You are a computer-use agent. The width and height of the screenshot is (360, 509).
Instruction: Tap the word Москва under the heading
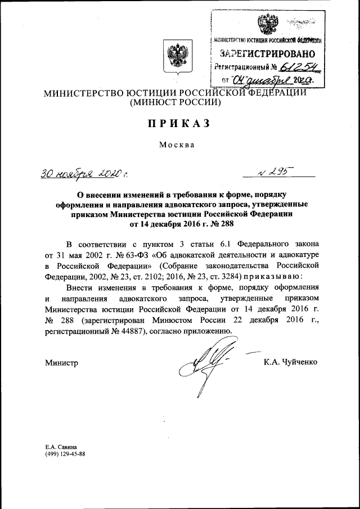[x=177, y=145]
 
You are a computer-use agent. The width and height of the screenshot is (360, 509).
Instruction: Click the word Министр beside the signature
[x=61, y=363]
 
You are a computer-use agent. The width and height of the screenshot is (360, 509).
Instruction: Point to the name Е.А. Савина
[x=61, y=446]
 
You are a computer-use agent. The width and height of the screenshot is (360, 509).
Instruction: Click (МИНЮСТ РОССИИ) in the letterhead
[x=176, y=103]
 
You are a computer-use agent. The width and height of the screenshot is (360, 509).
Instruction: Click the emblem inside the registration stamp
[x=263, y=25]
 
